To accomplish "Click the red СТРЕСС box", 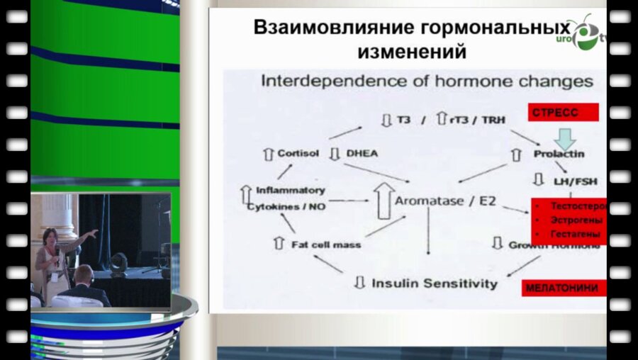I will (x=562, y=113).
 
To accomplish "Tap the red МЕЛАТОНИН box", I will (x=561, y=288).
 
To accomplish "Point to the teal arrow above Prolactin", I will (x=565, y=137).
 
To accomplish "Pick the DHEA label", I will (x=362, y=153).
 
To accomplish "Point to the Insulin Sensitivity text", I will (x=435, y=283).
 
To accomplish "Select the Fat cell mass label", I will (x=326, y=244).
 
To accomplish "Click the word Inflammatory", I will (x=291, y=190).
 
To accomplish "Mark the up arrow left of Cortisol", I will (x=267, y=153).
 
